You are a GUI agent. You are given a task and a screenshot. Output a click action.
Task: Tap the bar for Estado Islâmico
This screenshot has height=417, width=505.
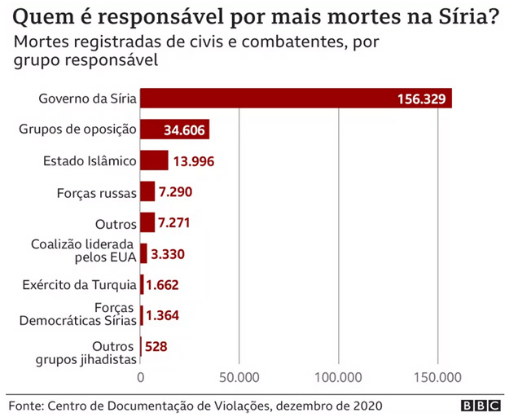point(154,160)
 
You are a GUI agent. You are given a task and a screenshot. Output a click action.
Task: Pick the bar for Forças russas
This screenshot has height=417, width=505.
point(147,191)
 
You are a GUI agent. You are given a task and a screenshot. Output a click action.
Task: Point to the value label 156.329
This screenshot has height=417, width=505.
point(421,99)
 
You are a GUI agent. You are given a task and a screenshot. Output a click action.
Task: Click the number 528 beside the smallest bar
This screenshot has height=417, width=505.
point(156,347)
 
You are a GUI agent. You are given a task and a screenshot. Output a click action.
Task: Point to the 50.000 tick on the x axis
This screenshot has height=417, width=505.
point(239,377)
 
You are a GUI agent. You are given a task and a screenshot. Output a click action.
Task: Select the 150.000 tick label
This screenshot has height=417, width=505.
point(437,377)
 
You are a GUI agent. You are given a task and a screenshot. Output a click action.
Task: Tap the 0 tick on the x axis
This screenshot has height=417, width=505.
point(141,377)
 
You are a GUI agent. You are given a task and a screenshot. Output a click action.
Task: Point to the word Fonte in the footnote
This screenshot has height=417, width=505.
point(25,405)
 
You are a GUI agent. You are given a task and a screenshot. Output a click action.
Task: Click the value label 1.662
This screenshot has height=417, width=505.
point(162,285)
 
